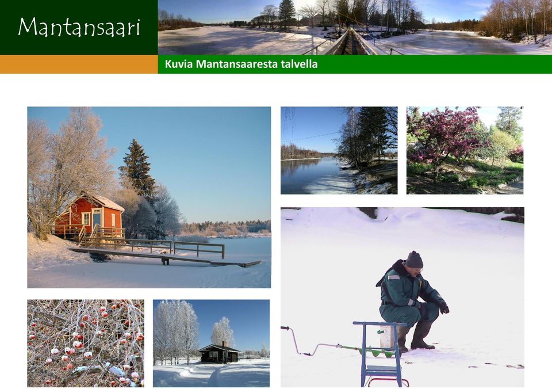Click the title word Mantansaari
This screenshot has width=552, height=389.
(79, 27)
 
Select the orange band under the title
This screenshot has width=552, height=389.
(79, 64)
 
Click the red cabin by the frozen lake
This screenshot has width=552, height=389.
(89, 215)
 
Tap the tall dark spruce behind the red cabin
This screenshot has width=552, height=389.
(137, 169)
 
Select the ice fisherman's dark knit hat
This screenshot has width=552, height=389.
(414, 260)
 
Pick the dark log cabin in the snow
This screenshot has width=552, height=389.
(218, 353)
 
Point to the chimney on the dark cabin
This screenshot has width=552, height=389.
(223, 344)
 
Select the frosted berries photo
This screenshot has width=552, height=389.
(86, 343)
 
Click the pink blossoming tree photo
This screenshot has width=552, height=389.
(465, 150)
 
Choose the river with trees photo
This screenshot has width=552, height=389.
(339, 150)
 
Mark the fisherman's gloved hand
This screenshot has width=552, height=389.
(444, 308)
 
